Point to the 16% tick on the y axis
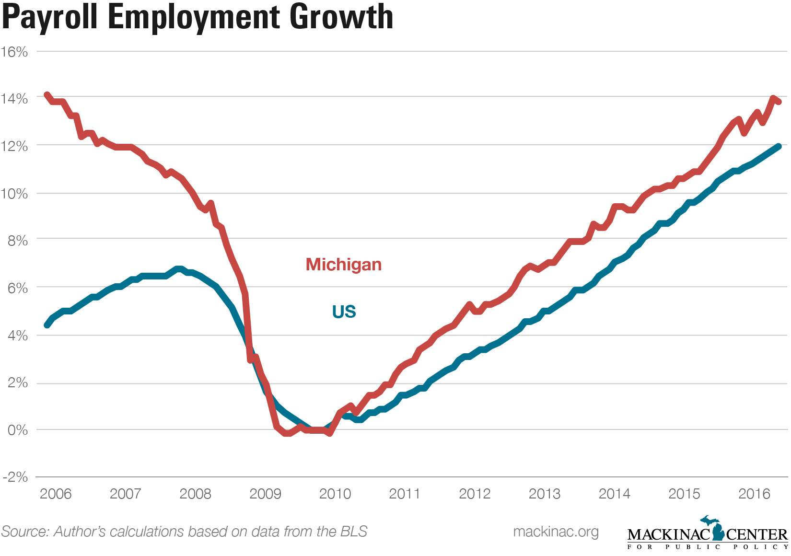pyautogui.click(x=14, y=52)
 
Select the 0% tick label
pyautogui.click(x=18, y=430)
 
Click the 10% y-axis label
pyautogui.click(x=14, y=194)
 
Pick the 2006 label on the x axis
pyautogui.click(x=56, y=494)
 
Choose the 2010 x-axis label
pyautogui.click(x=335, y=494)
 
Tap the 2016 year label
pyautogui.click(x=754, y=494)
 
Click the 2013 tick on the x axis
pyautogui.click(x=545, y=494)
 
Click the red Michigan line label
pyautogui.click(x=344, y=265)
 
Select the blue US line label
pyautogui.click(x=344, y=312)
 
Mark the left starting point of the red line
pyautogui.click(x=47, y=95)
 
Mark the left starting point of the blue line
pyautogui.click(x=47, y=325)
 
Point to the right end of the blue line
pyautogui.click(x=779, y=146)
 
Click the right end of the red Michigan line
pyautogui.click(x=779, y=102)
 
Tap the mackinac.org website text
pyautogui.click(x=556, y=532)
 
